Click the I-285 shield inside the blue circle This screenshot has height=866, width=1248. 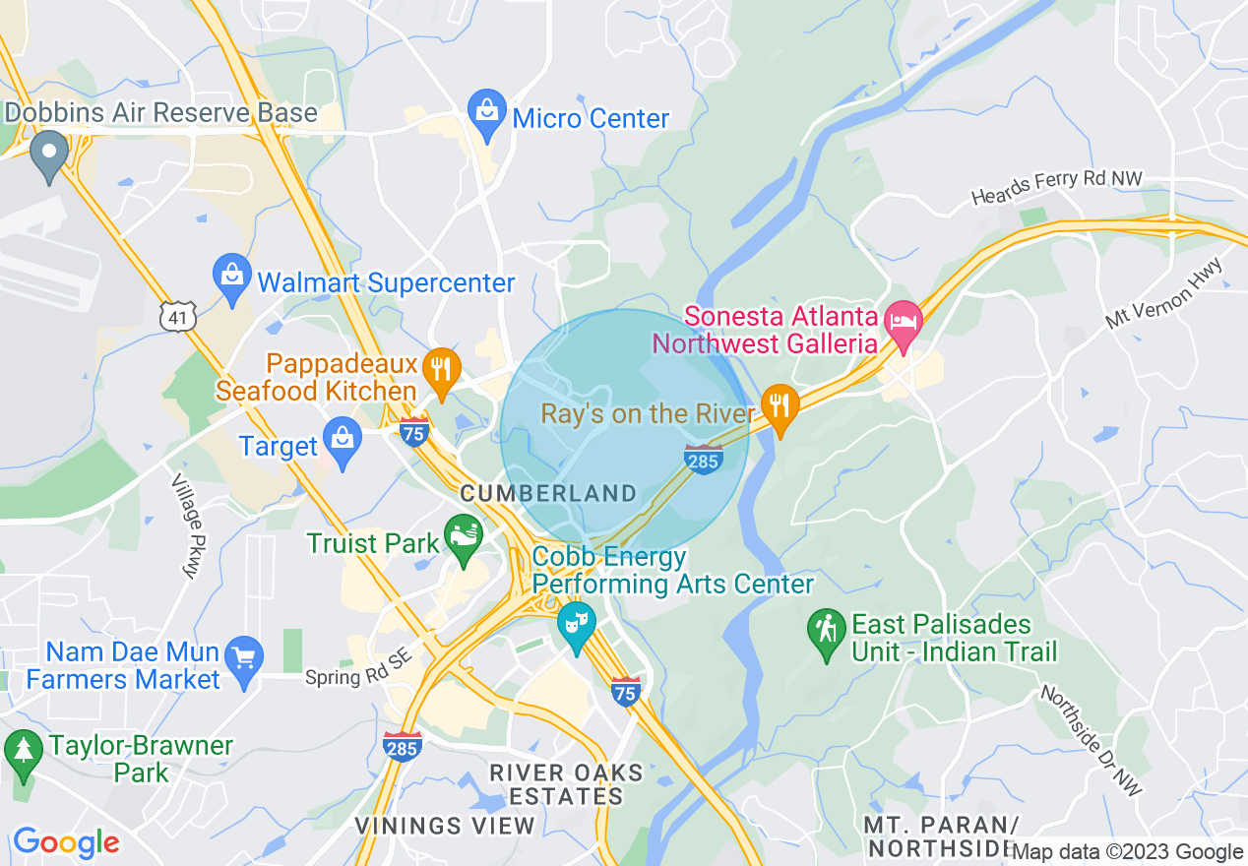tap(704, 459)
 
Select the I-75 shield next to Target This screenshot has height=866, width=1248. tap(414, 431)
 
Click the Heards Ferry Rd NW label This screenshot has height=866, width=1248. tap(1056, 188)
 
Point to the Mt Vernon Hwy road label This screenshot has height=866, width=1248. tap(1163, 293)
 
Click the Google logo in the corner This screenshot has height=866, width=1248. tap(66, 842)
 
